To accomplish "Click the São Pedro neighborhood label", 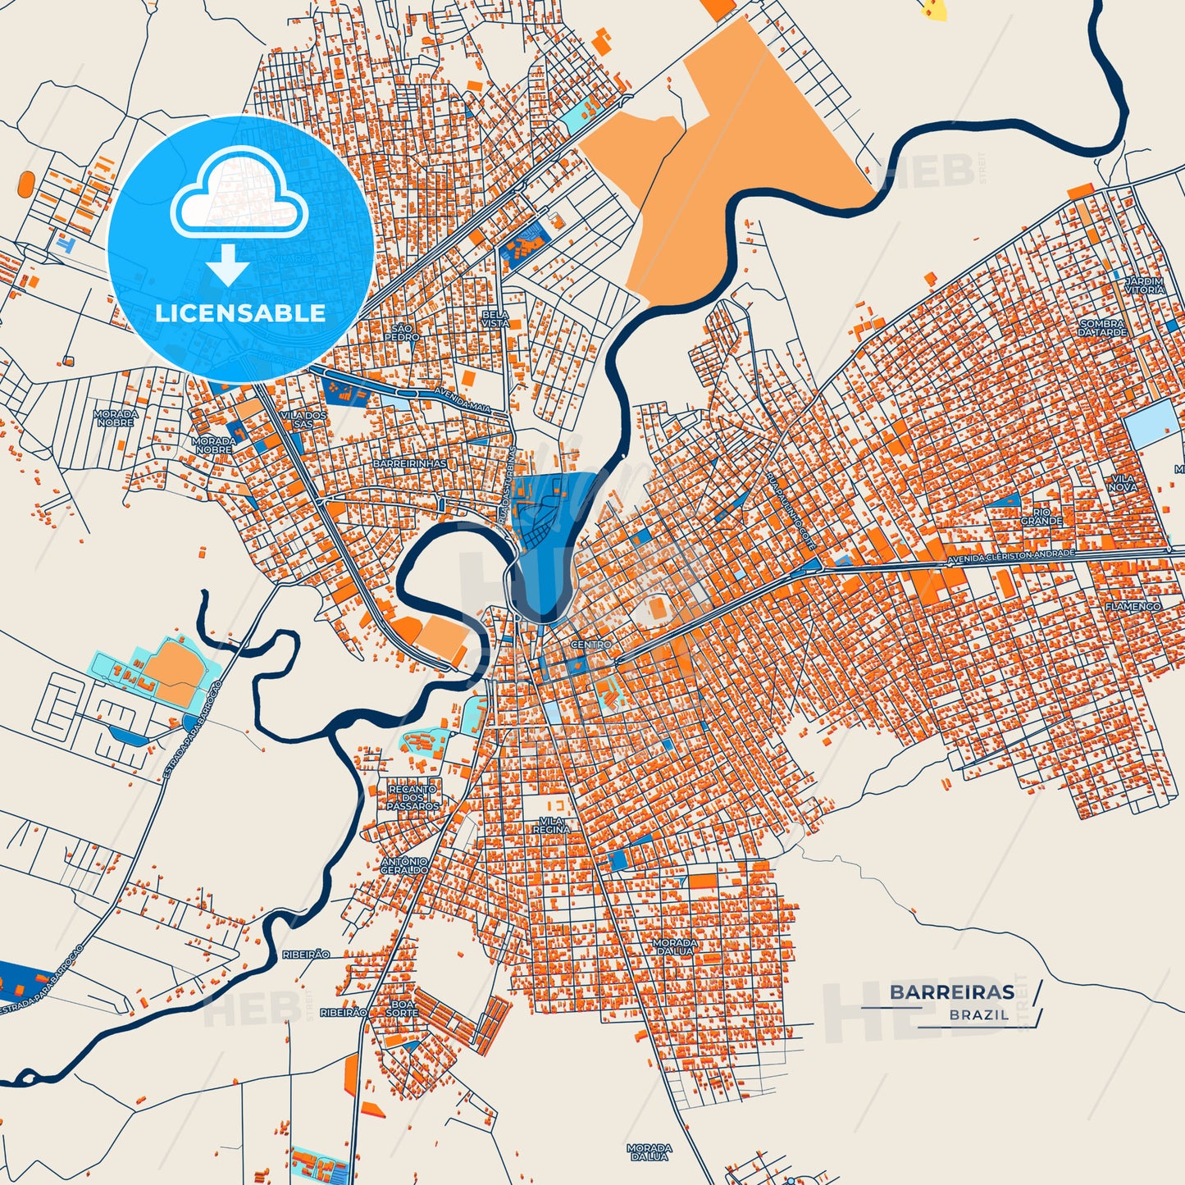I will (402, 332).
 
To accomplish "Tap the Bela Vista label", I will (495, 319).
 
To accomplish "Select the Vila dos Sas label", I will (303, 420).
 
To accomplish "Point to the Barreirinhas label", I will (410, 463).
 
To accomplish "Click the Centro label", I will (590, 645).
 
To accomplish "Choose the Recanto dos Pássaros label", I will (412, 797).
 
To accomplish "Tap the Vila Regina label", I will (551, 825).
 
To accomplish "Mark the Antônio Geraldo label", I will (404, 865).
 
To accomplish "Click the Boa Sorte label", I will (402, 1008).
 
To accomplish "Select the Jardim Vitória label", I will (1144, 285).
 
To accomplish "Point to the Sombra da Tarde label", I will (1102, 328).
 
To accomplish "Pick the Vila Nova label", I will (1123, 482).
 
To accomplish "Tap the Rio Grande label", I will (1041, 517).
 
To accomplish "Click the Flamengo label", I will (1133, 606).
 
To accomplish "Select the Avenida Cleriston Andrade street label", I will (1010, 557).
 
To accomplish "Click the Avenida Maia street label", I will (463, 401).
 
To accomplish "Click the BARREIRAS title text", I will (951, 992).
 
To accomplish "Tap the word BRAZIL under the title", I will (979, 1014).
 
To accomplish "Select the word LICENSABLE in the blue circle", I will (240, 312).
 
